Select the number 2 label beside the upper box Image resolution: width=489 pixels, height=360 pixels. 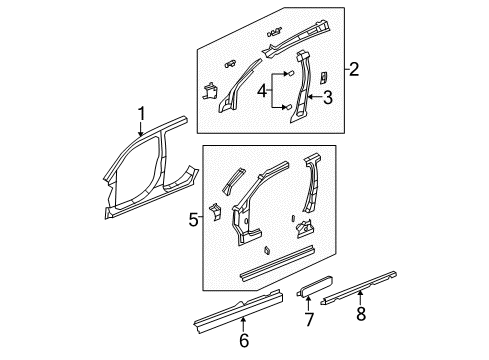354,69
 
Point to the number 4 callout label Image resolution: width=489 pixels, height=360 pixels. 264,92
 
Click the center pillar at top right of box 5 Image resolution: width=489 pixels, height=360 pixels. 316,195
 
